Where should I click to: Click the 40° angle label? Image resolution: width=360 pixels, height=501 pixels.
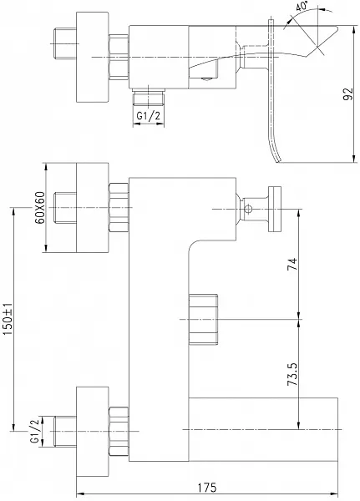pyautogui.click(x=302, y=7)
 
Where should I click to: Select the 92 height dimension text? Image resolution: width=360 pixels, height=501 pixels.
pyautogui.click(x=348, y=94)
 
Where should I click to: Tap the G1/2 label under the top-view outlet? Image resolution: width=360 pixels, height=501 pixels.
pyautogui.click(x=149, y=116)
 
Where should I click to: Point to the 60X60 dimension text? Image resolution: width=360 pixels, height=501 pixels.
pyautogui.click(x=40, y=208)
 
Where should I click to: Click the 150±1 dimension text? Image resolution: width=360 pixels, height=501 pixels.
pyautogui.click(x=8, y=319)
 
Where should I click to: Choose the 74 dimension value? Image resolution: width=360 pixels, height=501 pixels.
pyautogui.click(x=292, y=264)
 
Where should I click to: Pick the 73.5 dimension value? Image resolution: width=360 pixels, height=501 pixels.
pyautogui.click(x=292, y=374)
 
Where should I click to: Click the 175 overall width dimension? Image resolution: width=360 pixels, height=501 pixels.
pyautogui.click(x=207, y=488)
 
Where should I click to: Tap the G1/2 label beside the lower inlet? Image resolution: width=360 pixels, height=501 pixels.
pyautogui.click(x=34, y=432)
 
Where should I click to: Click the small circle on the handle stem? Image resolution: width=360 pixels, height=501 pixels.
pyautogui.click(x=248, y=210)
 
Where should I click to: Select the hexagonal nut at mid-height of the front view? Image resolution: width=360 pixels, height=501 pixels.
pyautogui.click(x=203, y=319)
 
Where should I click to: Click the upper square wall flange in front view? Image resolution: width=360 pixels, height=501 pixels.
pyautogui.click(x=93, y=208)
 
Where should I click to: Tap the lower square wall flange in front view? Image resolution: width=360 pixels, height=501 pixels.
pyautogui.click(x=93, y=432)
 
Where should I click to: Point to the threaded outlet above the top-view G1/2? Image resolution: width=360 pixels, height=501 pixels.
pyautogui.click(x=149, y=97)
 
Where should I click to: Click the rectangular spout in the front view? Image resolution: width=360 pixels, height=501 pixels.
pyautogui.click(x=263, y=429)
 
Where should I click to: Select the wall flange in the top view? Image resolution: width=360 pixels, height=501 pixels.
pyautogui.click(x=93, y=57)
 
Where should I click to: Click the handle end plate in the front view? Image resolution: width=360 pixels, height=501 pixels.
pyautogui.click(x=275, y=210)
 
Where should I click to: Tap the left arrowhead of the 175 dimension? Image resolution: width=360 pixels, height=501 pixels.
pyautogui.click(x=80, y=494)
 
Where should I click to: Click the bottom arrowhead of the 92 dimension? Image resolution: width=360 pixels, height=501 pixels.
pyautogui.click(x=354, y=159)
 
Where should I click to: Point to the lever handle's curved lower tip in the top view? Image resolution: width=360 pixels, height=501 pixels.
pyautogui.click(x=276, y=157)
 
